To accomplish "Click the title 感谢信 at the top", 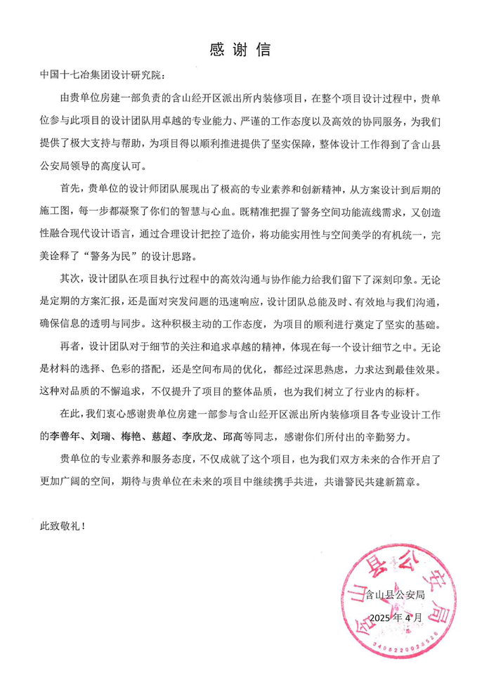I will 240,51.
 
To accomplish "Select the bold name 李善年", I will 58,436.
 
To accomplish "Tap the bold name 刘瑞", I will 94,436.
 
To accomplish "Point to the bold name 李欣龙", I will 194,436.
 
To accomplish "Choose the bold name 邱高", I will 230,436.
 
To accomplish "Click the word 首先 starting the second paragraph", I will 69,189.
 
